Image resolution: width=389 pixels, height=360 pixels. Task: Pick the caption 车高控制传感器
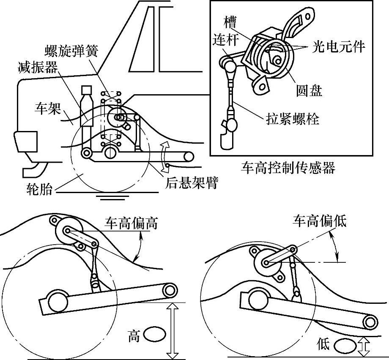(288, 168)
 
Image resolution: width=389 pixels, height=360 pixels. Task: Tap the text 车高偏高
(131, 223)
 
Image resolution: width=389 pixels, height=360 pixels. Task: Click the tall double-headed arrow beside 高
(172, 330)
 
